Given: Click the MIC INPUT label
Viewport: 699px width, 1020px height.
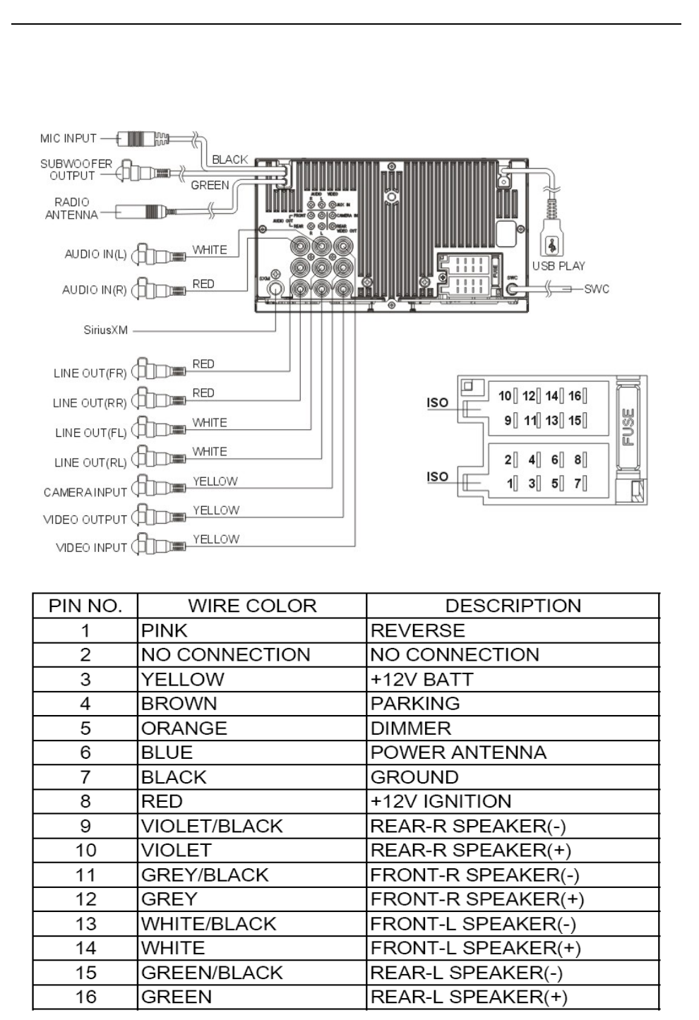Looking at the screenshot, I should pos(68,138).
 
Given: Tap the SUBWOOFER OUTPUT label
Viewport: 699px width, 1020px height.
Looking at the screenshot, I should pos(76,169).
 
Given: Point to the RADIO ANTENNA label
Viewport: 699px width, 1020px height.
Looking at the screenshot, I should pos(71,208).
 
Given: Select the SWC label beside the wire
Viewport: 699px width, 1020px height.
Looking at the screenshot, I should pos(596,289).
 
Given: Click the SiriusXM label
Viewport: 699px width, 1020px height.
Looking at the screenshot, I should pos(106,330).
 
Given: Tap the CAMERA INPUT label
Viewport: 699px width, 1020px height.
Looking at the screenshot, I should pos(85,492).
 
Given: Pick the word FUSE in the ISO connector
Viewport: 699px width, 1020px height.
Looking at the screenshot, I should pos(628,426).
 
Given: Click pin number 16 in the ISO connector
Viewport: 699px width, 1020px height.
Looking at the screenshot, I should pos(575,396).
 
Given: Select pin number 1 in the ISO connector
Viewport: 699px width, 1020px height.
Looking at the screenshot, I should pos(510,484).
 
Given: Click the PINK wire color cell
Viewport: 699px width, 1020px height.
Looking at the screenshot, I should pos(165,630).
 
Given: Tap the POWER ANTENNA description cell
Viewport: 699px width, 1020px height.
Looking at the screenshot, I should pos(458,752).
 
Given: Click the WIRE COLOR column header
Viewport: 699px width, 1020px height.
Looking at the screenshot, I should pos(252,606).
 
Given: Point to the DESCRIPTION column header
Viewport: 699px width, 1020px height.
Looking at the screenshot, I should pos(513,606).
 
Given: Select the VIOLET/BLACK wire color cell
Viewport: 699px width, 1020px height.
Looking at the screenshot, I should pos(212,826).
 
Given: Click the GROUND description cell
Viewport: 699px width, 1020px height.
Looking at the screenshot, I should pos(414,777).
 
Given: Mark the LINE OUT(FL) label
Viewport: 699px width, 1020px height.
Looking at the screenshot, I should pos(90,433).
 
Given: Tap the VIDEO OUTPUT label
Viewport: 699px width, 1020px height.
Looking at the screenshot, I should pos(85,520).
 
